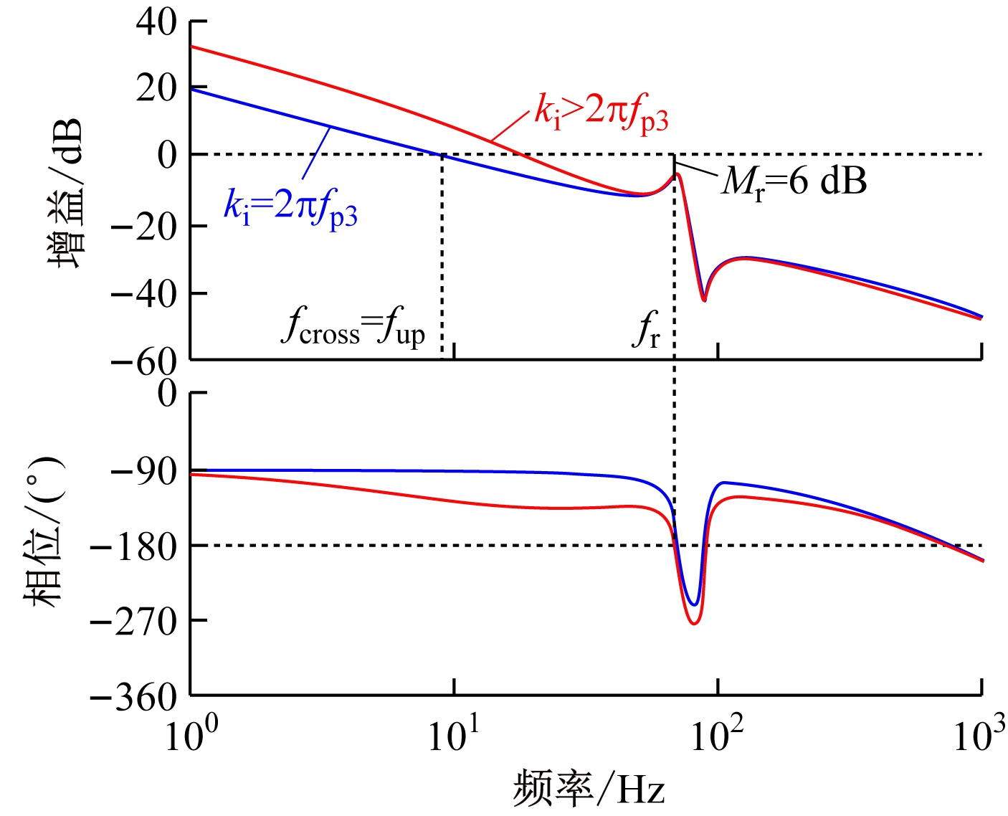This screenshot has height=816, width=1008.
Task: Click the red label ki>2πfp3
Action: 602,113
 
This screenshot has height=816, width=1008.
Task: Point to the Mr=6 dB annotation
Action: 794,181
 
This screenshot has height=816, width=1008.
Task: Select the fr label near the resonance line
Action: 646,331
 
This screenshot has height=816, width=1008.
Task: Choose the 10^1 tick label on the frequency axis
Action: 455,735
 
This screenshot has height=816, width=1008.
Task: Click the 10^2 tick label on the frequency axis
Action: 718,735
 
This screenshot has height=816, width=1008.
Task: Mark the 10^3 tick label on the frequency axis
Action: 979,735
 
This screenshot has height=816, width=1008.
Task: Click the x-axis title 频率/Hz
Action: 589,789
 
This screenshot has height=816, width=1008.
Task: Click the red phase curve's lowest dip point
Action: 694,623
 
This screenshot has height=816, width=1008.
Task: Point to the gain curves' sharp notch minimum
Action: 704,300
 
